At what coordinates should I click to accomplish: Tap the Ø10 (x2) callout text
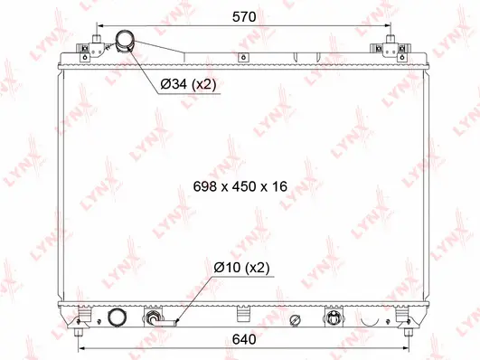(241, 267)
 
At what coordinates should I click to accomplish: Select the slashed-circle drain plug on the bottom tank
(295, 320)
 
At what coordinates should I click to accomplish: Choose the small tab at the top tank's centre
(242, 58)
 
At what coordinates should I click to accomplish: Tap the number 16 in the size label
(279, 186)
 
